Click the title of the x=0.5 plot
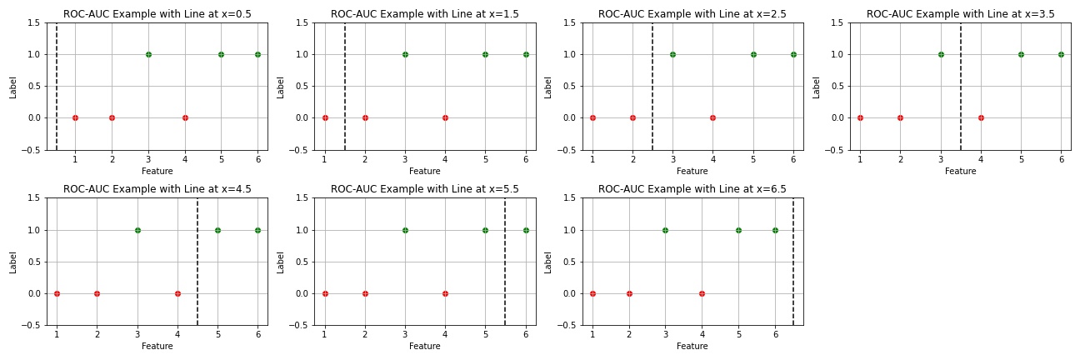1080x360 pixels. pyautogui.click(x=157, y=14)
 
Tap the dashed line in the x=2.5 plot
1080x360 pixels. pyautogui.click(x=652, y=83)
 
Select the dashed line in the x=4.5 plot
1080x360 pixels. pyautogui.click(x=197, y=258)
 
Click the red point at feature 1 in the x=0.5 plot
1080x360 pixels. pyautogui.click(x=75, y=117)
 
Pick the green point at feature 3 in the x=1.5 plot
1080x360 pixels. pyautogui.click(x=405, y=54)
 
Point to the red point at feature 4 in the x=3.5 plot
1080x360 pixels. pyautogui.click(x=981, y=117)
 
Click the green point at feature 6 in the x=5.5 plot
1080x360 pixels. pyautogui.click(x=526, y=230)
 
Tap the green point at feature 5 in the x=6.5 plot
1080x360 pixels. pyautogui.click(x=738, y=230)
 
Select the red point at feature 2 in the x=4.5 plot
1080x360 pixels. pyautogui.click(x=97, y=293)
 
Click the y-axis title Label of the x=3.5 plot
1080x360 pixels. pyautogui.click(x=817, y=87)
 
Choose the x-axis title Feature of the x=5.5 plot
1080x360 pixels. pyautogui.click(x=425, y=347)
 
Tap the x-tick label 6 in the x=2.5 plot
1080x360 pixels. pyautogui.click(x=793, y=159)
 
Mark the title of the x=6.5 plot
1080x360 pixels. pyautogui.click(x=692, y=190)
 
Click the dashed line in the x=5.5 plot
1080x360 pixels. pyautogui.click(x=505, y=258)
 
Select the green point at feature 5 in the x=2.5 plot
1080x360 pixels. pyautogui.click(x=753, y=54)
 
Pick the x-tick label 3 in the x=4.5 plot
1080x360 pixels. pyautogui.click(x=137, y=335)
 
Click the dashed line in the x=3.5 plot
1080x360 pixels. pyautogui.click(x=961, y=83)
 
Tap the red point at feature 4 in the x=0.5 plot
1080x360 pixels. pyautogui.click(x=185, y=117)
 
